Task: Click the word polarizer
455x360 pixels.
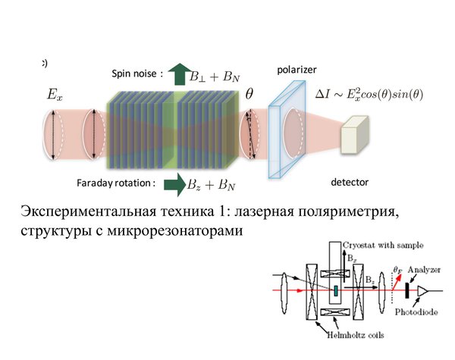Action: tap(297, 70)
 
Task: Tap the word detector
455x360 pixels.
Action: tap(350, 182)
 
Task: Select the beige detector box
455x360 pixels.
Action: tap(355, 135)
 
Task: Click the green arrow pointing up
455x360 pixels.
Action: tap(180, 74)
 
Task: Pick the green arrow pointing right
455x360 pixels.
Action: tap(174, 185)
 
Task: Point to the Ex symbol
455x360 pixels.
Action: tap(55, 95)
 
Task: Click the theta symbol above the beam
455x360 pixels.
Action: tap(249, 94)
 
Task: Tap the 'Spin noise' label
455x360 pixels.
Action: tap(137, 74)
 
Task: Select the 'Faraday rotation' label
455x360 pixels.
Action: tap(116, 183)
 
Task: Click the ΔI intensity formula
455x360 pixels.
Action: tap(369, 94)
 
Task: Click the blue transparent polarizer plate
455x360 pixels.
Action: tap(287, 130)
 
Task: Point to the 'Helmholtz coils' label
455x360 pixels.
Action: tap(356, 335)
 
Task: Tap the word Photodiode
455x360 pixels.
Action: tap(416, 312)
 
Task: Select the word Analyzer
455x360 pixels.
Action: tap(424, 270)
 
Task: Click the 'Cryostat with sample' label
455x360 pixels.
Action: tap(383, 246)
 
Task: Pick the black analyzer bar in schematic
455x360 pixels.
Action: tap(407, 290)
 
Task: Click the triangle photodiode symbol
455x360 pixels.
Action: tap(422, 291)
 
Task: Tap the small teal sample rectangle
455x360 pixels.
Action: tap(336, 291)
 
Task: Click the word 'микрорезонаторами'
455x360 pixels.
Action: tap(175, 230)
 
